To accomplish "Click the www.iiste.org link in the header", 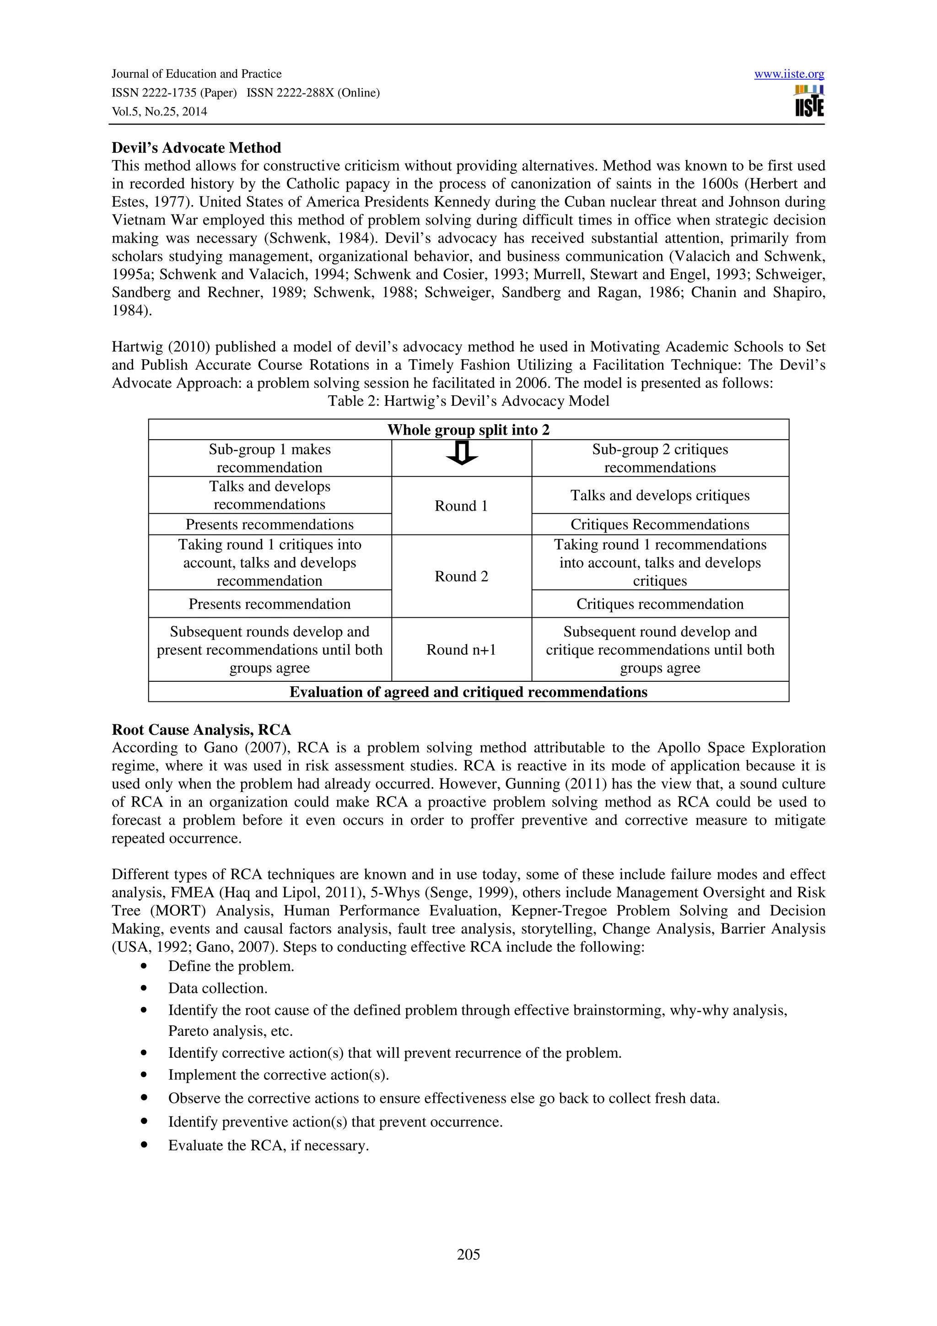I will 789,74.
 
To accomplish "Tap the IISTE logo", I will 809,102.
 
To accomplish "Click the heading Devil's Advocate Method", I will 196,148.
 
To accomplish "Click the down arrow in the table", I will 461,453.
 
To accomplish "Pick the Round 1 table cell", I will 461,506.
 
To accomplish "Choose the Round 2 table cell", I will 461,577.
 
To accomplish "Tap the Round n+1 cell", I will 461,650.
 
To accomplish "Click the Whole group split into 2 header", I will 468,430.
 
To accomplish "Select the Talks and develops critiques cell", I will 660,496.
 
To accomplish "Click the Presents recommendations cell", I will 269,524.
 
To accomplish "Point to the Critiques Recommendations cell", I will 660,524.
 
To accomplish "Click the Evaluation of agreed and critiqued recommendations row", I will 468,692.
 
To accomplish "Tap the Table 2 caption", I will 468,401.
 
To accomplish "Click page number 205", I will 468,1254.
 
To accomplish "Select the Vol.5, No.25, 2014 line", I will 159,112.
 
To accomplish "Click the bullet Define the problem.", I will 231,966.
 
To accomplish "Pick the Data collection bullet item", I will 218,988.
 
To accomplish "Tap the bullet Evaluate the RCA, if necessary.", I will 269,1145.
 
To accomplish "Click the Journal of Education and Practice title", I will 196,74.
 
